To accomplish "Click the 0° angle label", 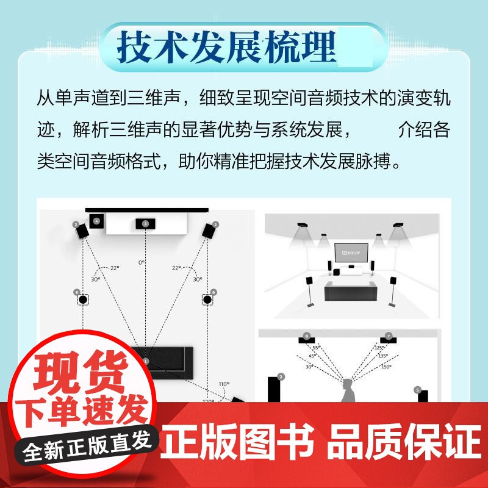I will tap(142, 262).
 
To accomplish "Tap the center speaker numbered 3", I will tap(145, 224).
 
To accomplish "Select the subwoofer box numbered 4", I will tap(96, 221).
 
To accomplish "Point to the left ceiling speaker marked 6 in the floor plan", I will tap(83, 300).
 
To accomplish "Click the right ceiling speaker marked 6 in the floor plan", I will tap(207, 300).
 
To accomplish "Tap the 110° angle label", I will tap(224, 384).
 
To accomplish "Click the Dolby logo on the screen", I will tap(351, 251).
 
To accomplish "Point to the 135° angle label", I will tap(383, 356).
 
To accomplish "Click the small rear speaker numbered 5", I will tap(423, 395).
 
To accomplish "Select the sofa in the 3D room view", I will tap(350, 291).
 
